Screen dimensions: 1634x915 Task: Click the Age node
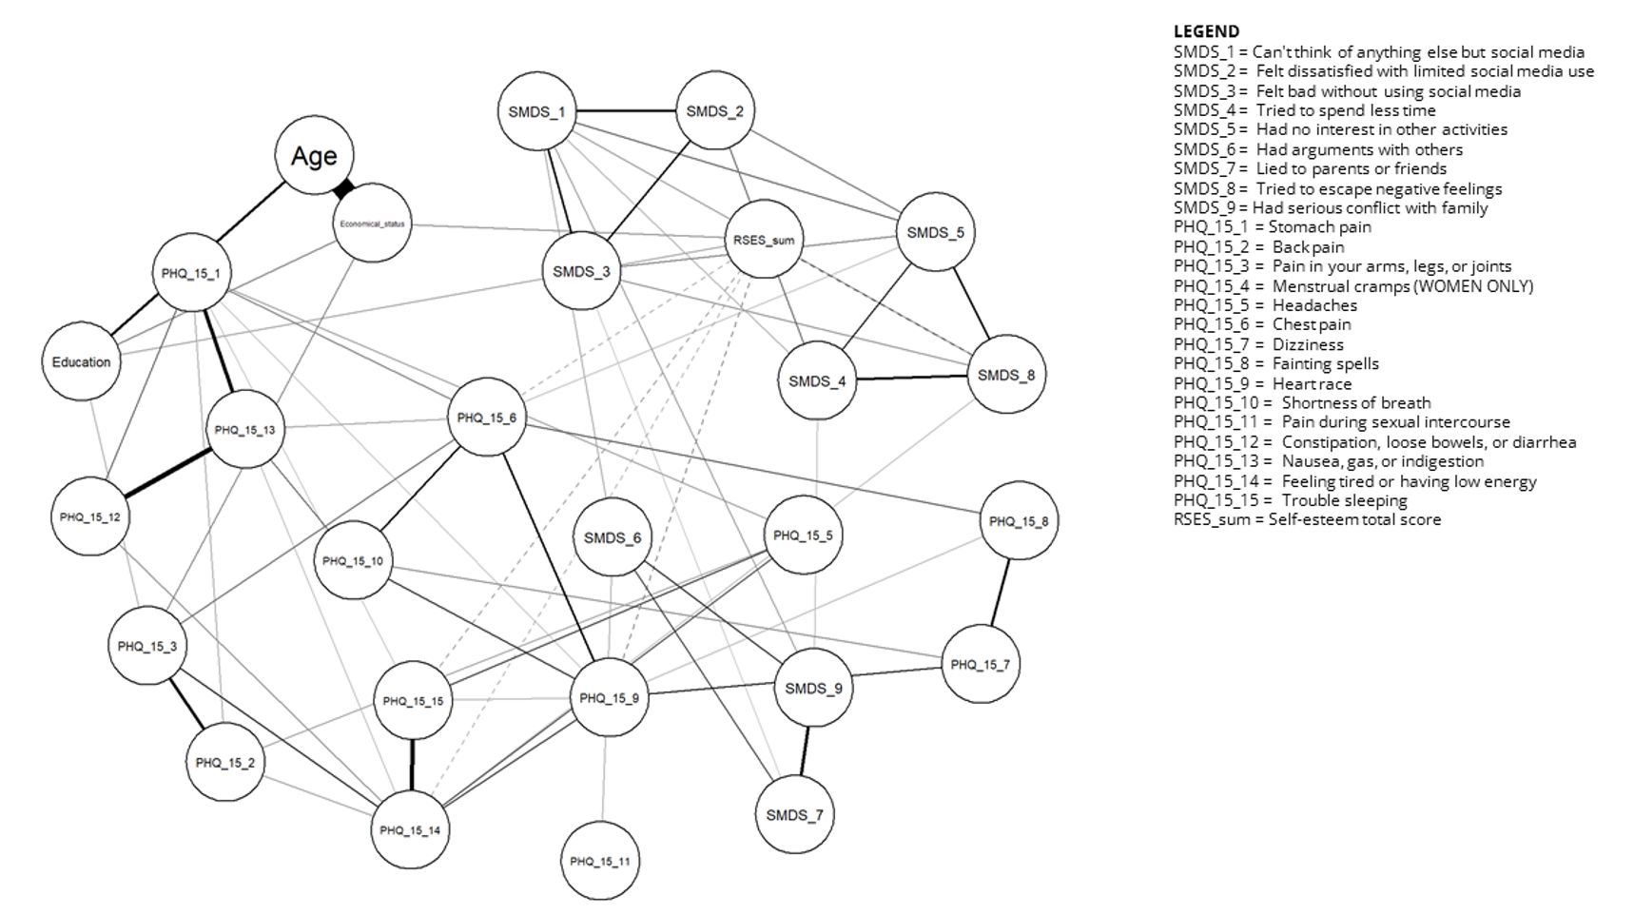pyautogui.click(x=314, y=155)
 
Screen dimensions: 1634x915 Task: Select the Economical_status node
pyautogui.click(x=373, y=224)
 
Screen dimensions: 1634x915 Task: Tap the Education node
pyautogui.click(x=82, y=362)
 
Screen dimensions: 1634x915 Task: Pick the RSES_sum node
pyautogui.click(x=764, y=240)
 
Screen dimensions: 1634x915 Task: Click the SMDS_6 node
pyautogui.click(x=613, y=537)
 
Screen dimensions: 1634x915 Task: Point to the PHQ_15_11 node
pyautogui.click(x=600, y=861)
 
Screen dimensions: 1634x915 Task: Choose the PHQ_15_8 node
pyautogui.click(x=1019, y=521)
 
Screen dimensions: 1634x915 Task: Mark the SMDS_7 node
pyautogui.click(x=794, y=814)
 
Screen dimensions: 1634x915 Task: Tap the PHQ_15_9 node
pyautogui.click(x=609, y=698)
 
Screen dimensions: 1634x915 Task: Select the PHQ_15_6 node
pyautogui.click(x=487, y=418)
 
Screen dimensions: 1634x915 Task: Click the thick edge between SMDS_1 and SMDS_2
pyautogui.click(x=626, y=111)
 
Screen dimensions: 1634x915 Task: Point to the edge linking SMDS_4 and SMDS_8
pyautogui.click(x=911, y=379)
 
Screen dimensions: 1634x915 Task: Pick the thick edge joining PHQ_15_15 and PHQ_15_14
pyautogui.click(x=412, y=766)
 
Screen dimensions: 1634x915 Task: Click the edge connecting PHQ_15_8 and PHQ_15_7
pyautogui.click(x=1000, y=593)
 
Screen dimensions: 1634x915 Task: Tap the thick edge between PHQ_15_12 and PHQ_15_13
pyautogui.click(x=168, y=472)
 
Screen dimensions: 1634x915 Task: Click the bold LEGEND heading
pyautogui.click(x=1206, y=31)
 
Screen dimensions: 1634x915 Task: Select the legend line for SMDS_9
pyautogui.click(x=1331, y=207)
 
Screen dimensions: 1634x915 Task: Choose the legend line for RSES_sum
pyautogui.click(x=1307, y=519)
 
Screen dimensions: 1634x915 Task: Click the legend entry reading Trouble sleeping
pyautogui.click(x=1291, y=500)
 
